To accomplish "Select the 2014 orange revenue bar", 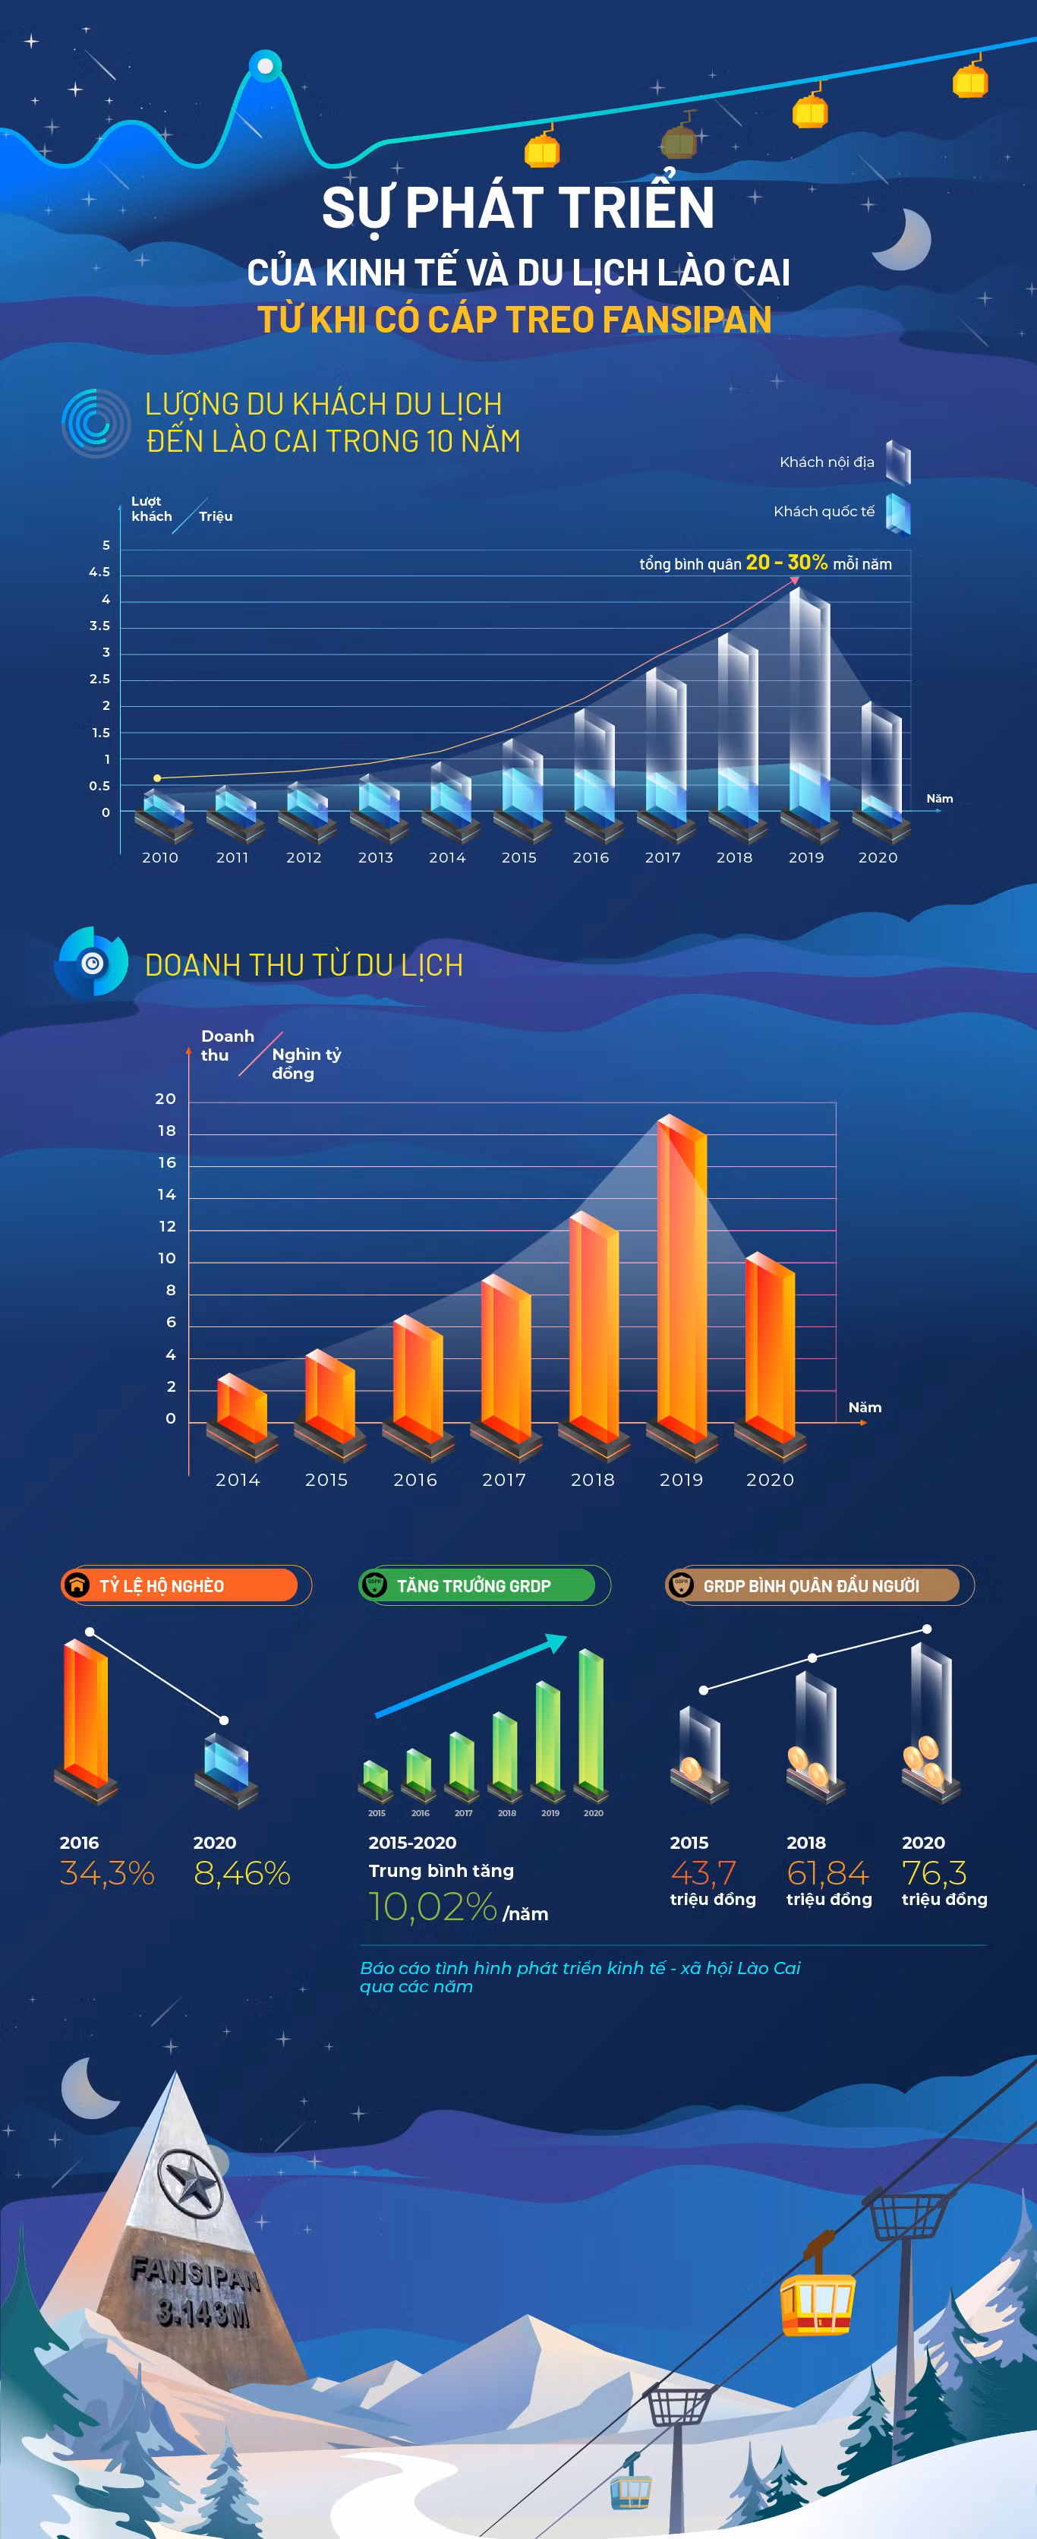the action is coord(241,1408).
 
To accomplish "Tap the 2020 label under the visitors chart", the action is coord(878,857).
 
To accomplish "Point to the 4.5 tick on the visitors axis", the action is coord(99,572).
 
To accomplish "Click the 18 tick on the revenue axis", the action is coord(166,1131).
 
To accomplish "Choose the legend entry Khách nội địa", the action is coord(827,462).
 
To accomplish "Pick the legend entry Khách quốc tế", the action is coord(824,512).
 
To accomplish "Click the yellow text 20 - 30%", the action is coord(786,562).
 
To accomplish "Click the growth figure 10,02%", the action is coord(433,1907).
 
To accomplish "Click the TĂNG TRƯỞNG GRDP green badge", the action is coord(477,1585).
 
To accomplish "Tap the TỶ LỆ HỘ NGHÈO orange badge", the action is coord(179,1585).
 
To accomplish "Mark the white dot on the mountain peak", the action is coord(265,66).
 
